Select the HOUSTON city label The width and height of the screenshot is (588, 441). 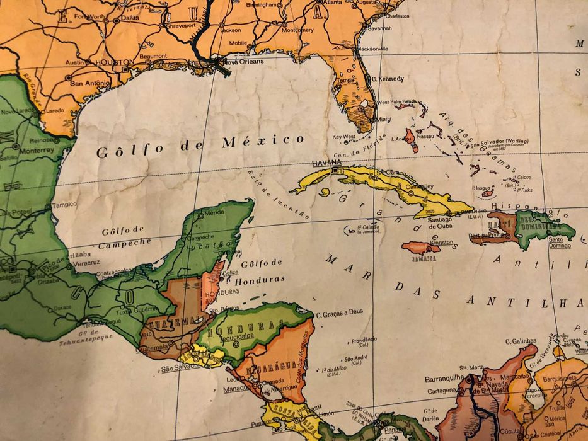click(x=114, y=63)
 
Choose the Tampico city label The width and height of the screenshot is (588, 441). click(x=64, y=204)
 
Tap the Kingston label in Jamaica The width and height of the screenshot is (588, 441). click(x=442, y=242)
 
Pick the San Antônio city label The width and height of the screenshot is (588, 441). click(x=89, y=83)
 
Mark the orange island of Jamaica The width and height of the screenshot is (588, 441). click(x=421, y=248)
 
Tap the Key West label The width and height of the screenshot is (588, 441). click(x=344, y=136)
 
